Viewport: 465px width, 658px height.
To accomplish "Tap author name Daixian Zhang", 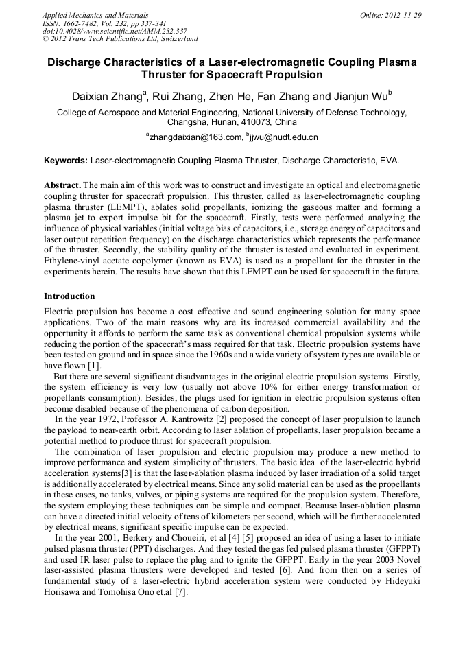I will pyautogui.click(x=106, y=95).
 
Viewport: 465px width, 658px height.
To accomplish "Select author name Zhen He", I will pyautogui.click(x=226, y=95).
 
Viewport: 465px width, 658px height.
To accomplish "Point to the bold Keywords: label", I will pyautogui.click(x=66, y=161).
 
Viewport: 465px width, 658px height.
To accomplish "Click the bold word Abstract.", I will pyautogui.click(x=62, y=186).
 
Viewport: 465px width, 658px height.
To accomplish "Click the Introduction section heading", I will pyautogui.click(x=69, y=296).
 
